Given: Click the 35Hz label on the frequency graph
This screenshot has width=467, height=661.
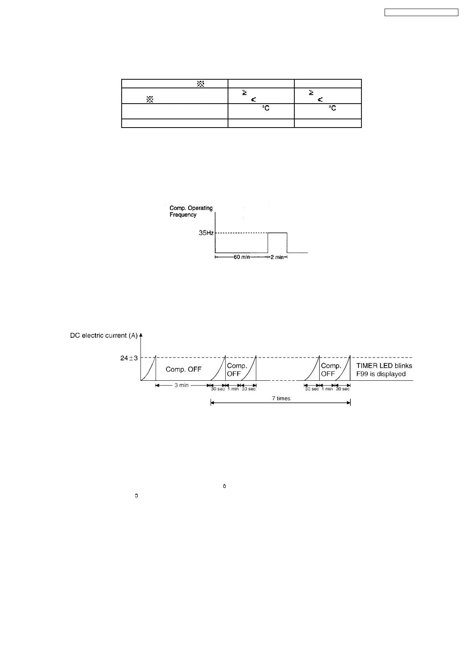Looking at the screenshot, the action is [206, 233].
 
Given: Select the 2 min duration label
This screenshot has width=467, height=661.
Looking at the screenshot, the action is [277, 257].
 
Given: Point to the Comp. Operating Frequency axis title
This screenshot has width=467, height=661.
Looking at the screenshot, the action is [191, 211].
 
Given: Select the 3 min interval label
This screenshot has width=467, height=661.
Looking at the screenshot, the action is [181, 385].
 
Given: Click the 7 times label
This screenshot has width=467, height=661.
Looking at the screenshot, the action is [281, 398].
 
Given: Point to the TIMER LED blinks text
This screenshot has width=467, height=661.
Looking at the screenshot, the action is [384, 365].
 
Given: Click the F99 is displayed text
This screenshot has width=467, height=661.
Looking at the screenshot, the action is [381, 374].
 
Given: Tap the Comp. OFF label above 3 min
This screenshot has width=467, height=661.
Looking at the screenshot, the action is [183, 369].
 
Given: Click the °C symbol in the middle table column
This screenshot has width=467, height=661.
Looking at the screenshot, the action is [266, 108].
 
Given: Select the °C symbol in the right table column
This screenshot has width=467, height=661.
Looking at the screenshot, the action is [332, 108].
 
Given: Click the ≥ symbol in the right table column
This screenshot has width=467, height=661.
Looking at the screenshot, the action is [311, 93].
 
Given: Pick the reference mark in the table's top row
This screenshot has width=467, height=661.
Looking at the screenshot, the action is [200, 83].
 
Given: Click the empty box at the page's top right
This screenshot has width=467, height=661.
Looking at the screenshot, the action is [421, 13].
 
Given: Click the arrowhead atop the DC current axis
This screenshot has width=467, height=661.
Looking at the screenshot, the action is [141, 335].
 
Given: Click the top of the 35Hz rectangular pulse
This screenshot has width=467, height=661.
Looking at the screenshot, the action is [277, 233].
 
